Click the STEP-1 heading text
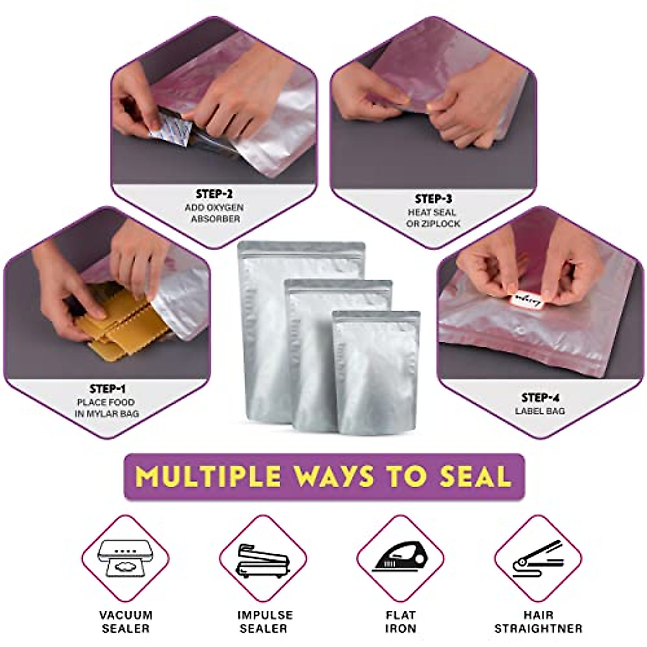coord(107,389)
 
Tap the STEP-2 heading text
coord(215,194)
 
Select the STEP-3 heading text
coord(433,199)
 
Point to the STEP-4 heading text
coord(540,398)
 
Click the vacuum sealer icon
coord(125,558)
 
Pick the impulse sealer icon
coord(263,558)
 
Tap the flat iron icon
coord(401,558)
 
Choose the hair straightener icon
coord(538,558)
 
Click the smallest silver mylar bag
coord(376,372)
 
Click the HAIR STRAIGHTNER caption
coord(538,622)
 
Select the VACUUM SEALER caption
coord(126,622)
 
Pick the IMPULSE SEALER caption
coord(265,622)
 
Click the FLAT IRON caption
coord(401,622)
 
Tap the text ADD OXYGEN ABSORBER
coord(215,213)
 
